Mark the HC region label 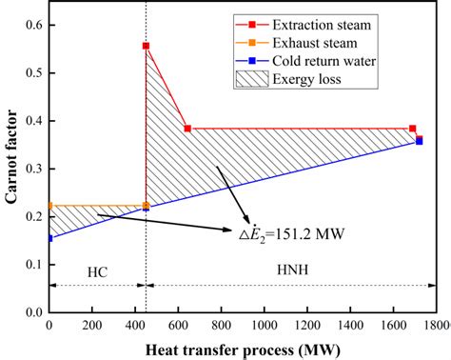pos(97,272)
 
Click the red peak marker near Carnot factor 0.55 pos(146,46)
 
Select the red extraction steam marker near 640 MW pos(187,129)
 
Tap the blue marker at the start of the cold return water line pos(49,238)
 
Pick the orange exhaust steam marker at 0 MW pos(49,206)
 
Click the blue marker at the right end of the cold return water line pos(420,141)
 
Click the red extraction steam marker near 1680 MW pos(412,129)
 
